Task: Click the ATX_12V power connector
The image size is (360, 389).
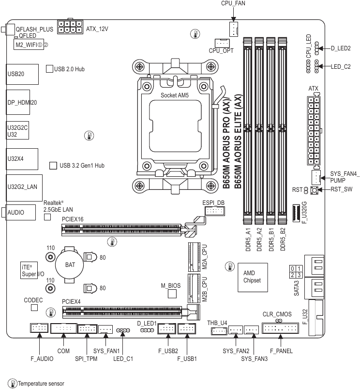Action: click(x=70, y=27)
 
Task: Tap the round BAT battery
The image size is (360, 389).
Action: click(x=69, y=265)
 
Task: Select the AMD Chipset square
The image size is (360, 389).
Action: click(x=253, y=278)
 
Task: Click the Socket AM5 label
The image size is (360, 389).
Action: click(x=174, y=95)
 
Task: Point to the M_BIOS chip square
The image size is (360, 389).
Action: click(x=172, y=294)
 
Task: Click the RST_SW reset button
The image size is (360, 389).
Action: click(x=314, y=190)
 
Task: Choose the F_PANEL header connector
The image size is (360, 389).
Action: click(x=280, y=328)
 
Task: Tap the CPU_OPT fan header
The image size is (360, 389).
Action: click(x=222, y=43)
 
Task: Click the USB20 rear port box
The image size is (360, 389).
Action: click(x=22, y=74)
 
